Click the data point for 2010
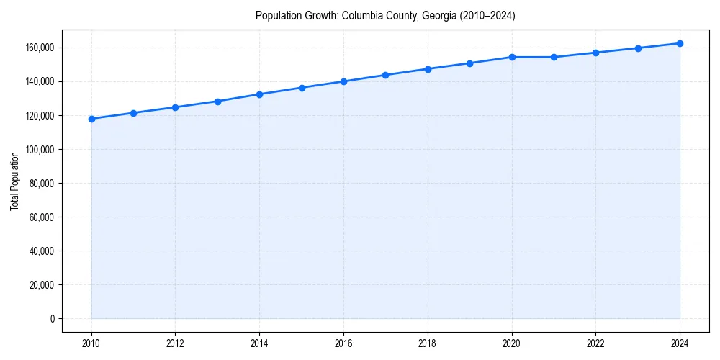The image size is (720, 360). click(x=91, y=119)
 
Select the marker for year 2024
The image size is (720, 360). click(x=680, y=43)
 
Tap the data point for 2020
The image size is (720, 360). click(x=512, y=57)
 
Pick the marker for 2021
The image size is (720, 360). click(x=554, y=57)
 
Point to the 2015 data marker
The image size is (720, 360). click(x=302, y=88)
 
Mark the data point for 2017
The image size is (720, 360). click(x=386, y=75)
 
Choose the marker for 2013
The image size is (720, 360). click(x=217, y=102)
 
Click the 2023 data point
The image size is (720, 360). click(x=638, y=48)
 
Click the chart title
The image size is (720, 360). click(x=385, y=15)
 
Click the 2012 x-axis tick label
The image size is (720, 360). click(x=176, y=343)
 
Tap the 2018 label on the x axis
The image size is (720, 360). click(x=428, y=343)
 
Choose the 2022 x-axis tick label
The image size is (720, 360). click(x=595, y=343)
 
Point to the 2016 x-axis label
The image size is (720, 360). click(x=343, y=343)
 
